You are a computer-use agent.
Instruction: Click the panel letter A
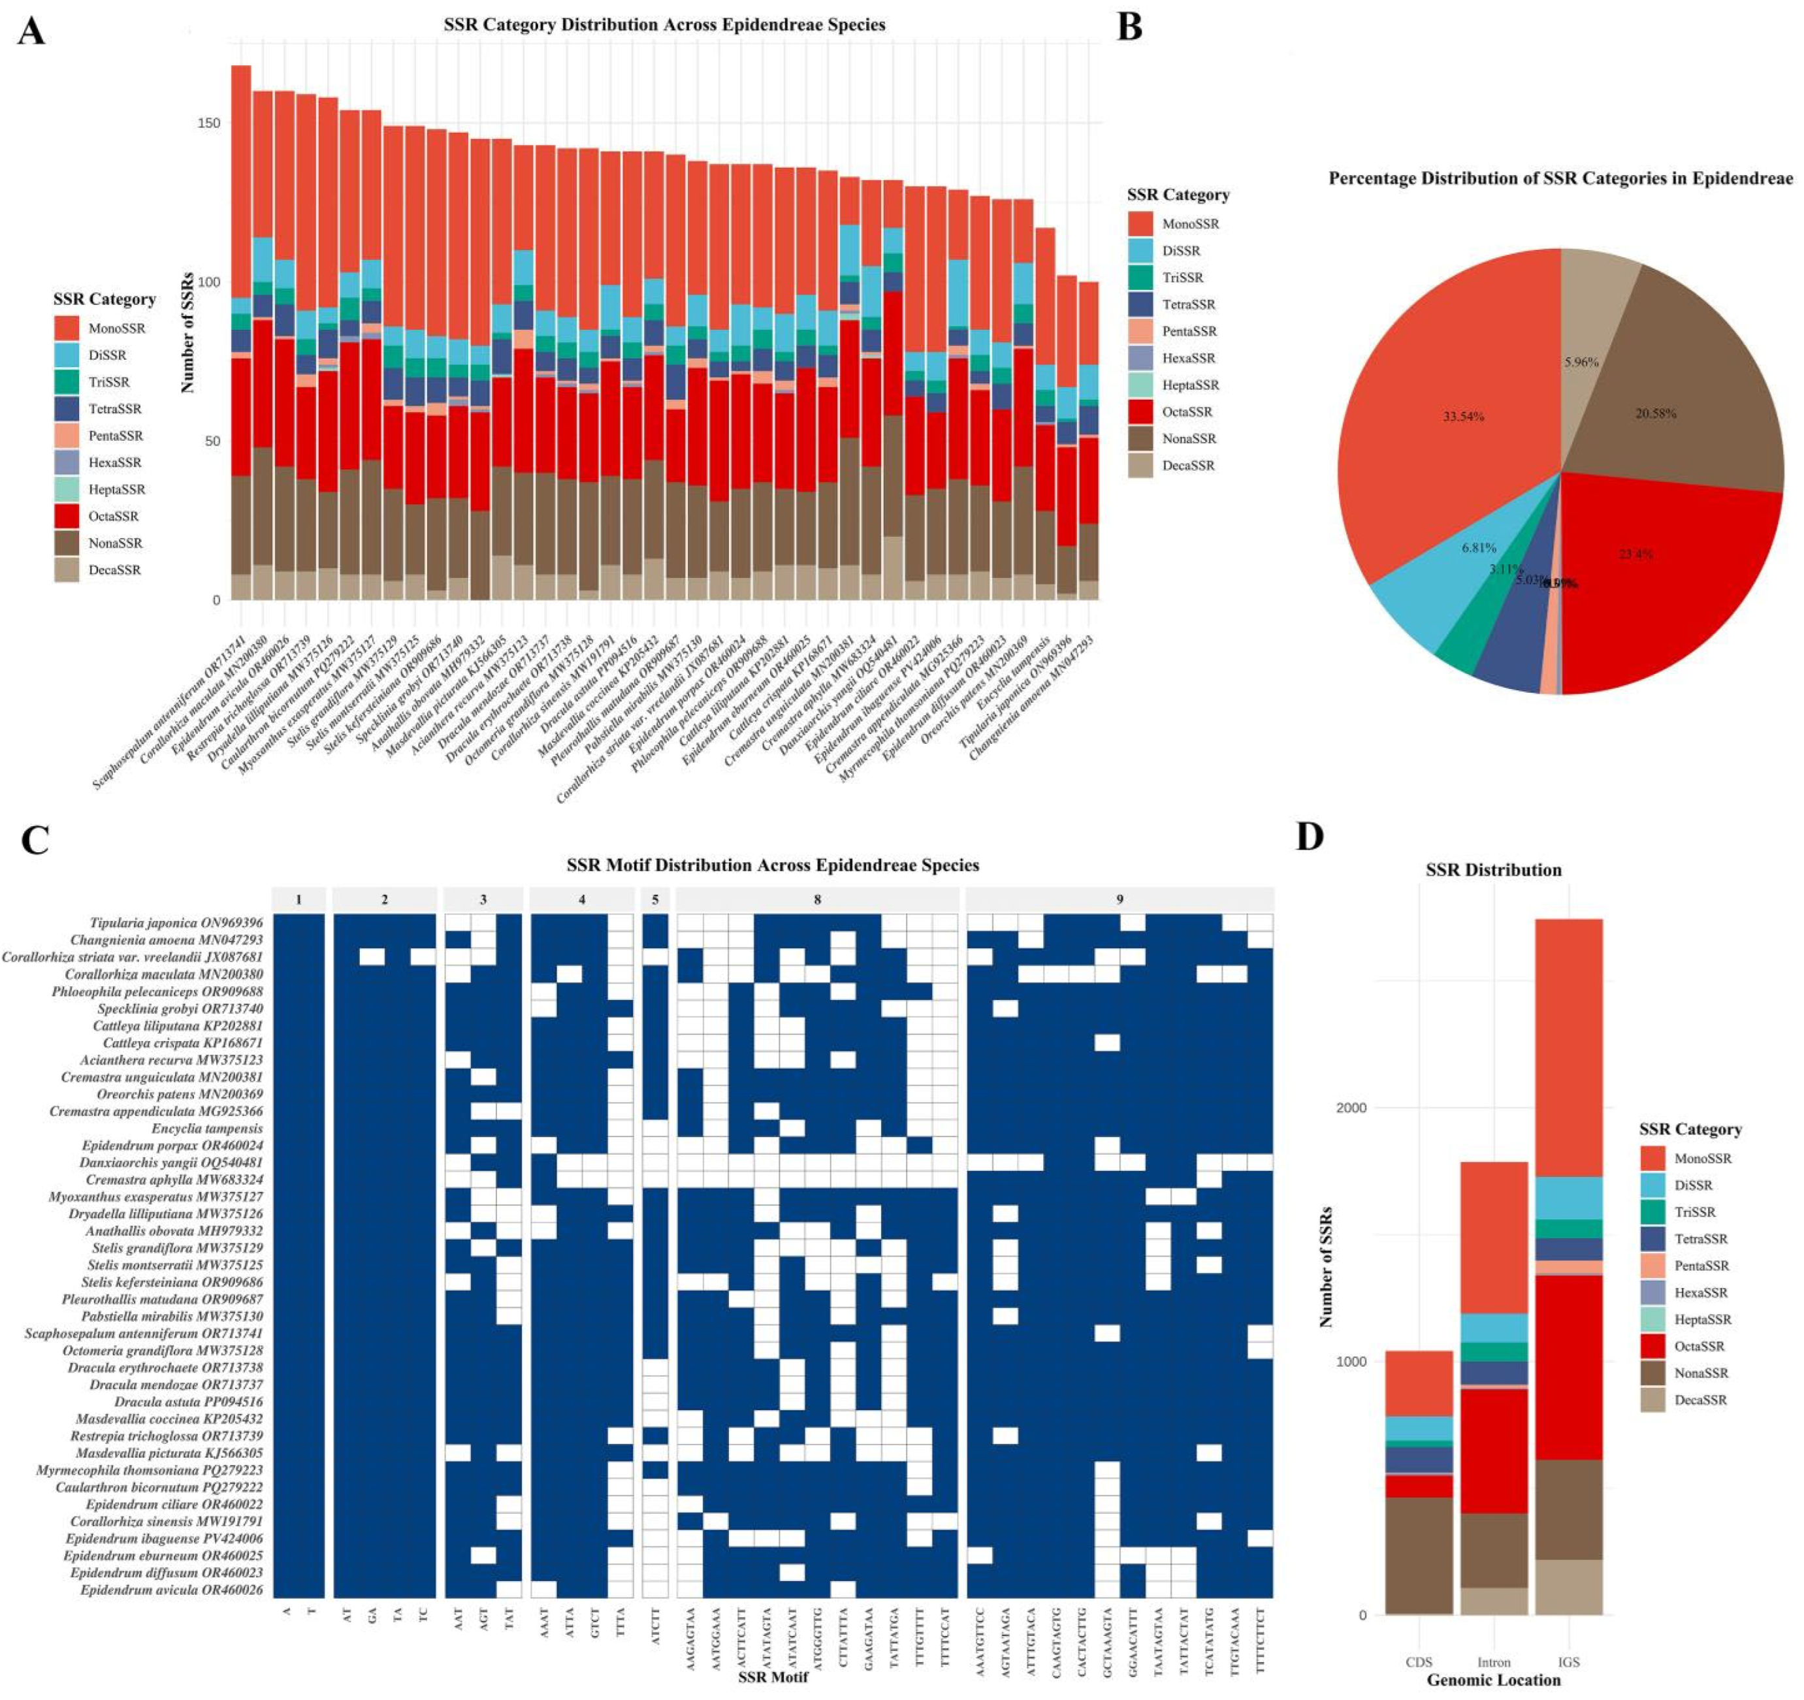coord(32,32)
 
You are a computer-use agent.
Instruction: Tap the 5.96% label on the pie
coord(1581,362)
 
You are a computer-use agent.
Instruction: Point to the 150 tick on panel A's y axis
coord(209,123)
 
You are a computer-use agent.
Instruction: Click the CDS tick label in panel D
coord(1419,1662)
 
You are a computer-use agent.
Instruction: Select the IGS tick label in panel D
coord(1568,1662)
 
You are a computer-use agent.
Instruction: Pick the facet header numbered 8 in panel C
coord(816,899)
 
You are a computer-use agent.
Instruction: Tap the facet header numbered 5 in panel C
coord(655,899)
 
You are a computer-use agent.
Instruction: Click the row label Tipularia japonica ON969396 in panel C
coord(176,923)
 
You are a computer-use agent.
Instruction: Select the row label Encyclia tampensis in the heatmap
coord(207,1129)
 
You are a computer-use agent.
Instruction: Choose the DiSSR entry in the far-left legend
coord(107,355)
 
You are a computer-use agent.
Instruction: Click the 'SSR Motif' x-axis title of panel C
coord(772,1677)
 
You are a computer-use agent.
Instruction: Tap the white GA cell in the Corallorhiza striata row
coord(372,957)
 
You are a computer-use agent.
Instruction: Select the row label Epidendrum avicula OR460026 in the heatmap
coord(172,1590)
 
